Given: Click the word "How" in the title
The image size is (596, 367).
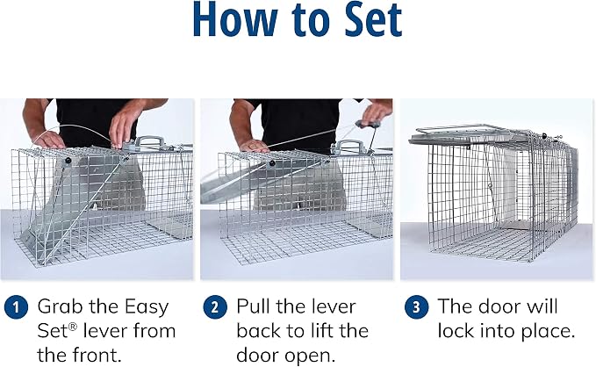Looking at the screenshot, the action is tap(235, 20).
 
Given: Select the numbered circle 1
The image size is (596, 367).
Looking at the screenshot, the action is tap(16, 307).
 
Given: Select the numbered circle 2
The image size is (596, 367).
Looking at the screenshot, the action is tap(215, 307).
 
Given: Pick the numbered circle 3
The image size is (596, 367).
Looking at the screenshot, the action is tap(416, 307).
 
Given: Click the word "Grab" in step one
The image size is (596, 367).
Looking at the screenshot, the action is tap(60, 306).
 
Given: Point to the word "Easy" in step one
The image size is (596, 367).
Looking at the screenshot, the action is tap(147, 307).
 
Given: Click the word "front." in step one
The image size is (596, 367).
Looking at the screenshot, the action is tap(97, 356).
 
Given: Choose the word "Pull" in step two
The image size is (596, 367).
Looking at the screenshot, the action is tap(252, 306).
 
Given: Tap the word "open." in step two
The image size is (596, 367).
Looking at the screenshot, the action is tap(314, 356).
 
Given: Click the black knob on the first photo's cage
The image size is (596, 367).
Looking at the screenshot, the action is tap(68, 161).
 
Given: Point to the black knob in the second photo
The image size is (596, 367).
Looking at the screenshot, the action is tap(272, 163).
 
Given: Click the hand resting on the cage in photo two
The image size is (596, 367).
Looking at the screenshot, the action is tap(254, 146).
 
